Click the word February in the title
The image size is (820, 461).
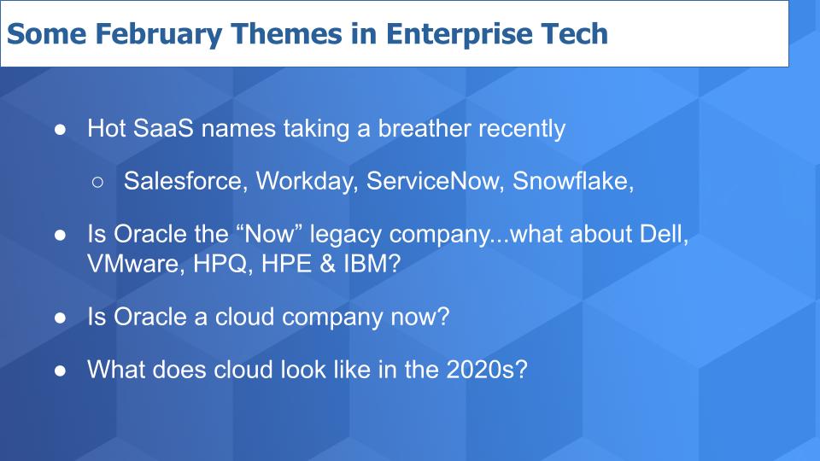159,34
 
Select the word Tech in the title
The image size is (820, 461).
574,33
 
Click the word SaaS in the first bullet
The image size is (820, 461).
163,128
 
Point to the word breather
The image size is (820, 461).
425,128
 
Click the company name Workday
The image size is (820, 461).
307,182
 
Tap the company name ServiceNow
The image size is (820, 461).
435,181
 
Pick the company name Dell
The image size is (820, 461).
665,234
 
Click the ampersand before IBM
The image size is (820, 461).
327,264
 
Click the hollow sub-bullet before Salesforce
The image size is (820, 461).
97,182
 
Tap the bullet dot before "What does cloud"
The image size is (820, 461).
60,371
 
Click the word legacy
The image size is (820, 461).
346,234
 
